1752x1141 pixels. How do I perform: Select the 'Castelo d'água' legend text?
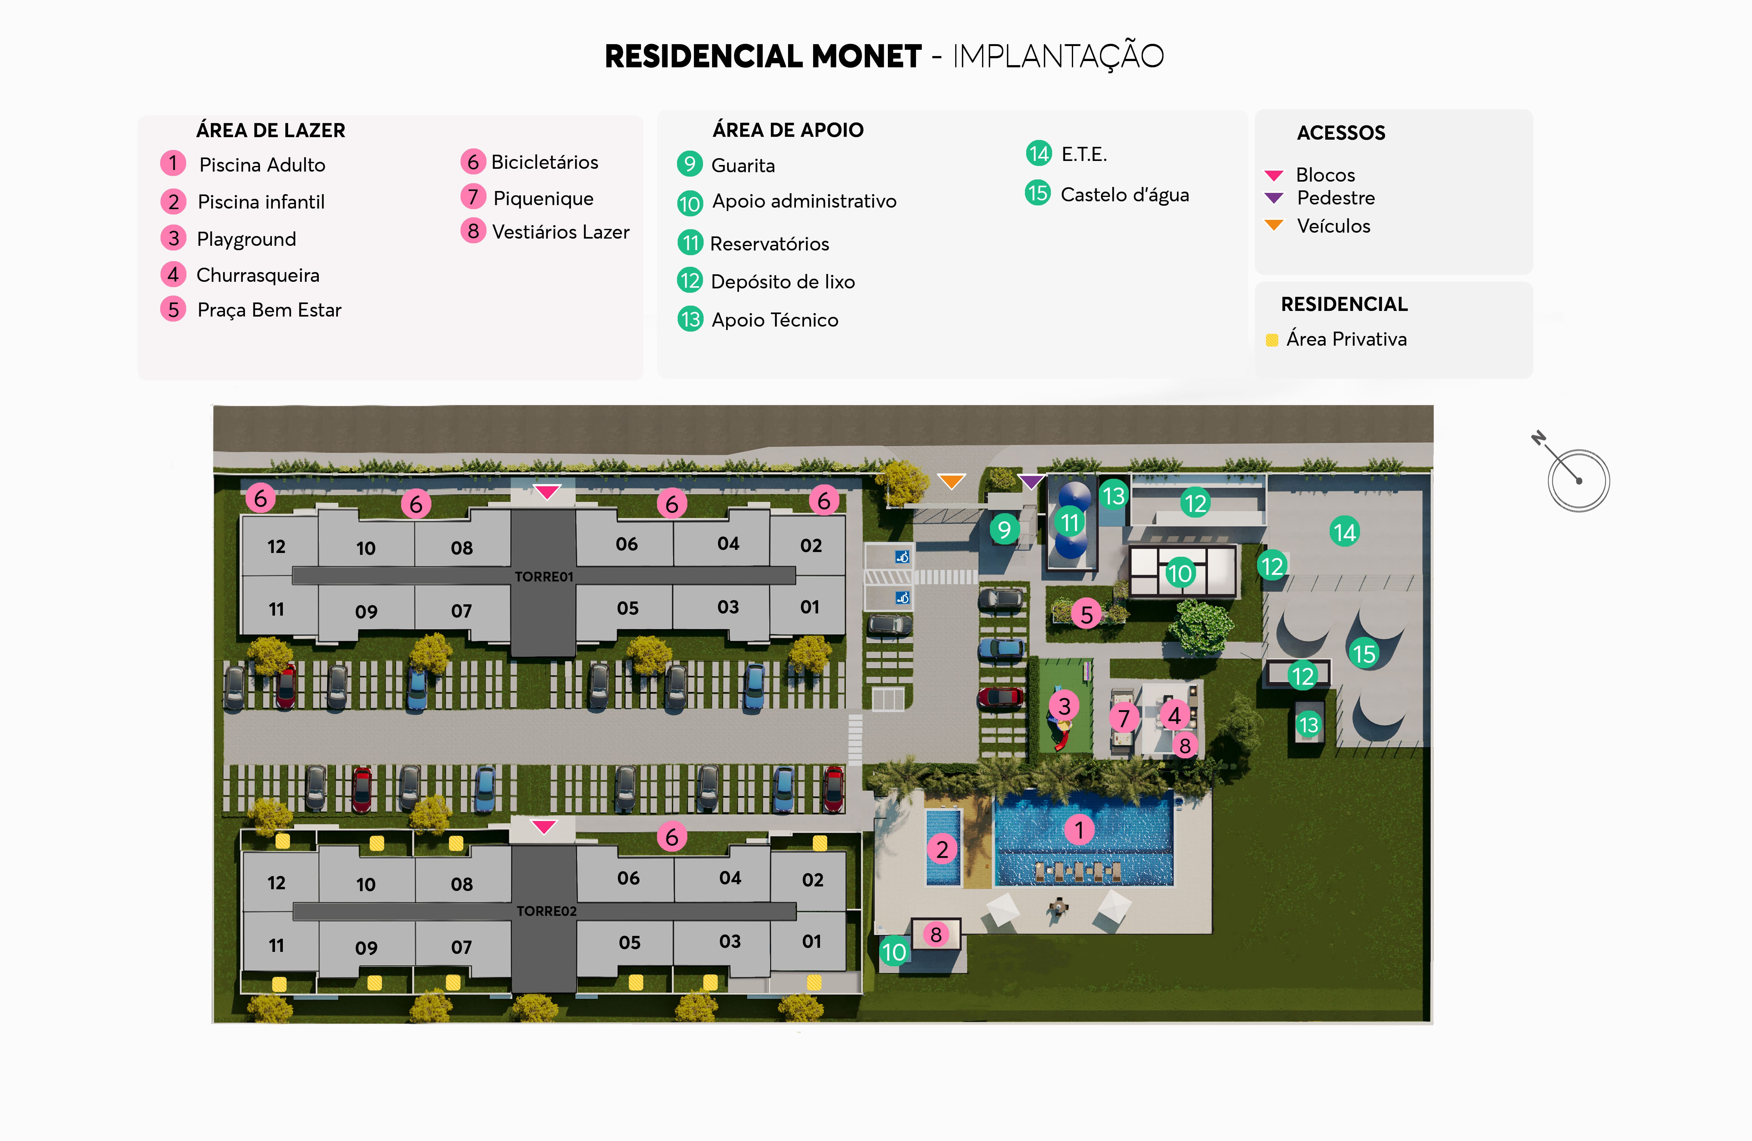pos(1124,194)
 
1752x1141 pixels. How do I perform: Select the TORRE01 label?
pos(544,577)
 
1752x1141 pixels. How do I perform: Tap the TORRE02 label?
pos(546,911)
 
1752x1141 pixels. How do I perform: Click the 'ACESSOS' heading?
pos(1341,132)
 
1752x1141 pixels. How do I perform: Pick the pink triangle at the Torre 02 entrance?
pos(544,826)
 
